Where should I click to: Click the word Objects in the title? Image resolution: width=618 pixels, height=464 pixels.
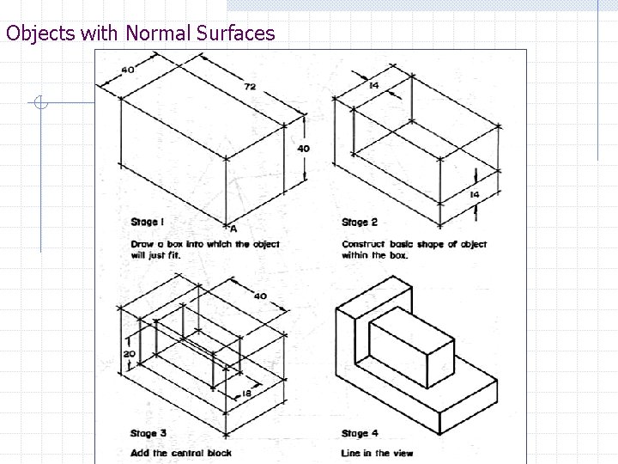40,34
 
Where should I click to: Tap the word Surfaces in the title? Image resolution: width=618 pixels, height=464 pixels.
236,33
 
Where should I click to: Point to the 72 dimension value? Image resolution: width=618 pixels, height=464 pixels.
250,87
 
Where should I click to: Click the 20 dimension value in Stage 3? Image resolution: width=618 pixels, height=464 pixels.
130,354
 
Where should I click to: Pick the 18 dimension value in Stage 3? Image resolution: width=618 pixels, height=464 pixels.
246,394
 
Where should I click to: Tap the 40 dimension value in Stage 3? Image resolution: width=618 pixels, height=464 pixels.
260,296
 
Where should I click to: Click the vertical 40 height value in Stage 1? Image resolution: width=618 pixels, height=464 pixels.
303,149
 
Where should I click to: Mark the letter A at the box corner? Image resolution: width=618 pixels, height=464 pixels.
233,229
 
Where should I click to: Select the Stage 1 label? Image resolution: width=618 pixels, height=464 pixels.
147,223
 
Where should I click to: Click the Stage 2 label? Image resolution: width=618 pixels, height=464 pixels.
360,223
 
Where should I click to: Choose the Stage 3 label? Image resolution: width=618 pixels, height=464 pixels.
148,433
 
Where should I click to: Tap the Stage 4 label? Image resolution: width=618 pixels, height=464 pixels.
360,433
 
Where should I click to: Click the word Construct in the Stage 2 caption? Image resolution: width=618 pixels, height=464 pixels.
363,244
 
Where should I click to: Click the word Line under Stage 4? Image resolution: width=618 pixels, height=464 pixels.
350,453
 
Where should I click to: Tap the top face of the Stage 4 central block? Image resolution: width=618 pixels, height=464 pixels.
411,327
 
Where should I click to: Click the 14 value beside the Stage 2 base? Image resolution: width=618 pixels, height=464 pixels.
475,194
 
